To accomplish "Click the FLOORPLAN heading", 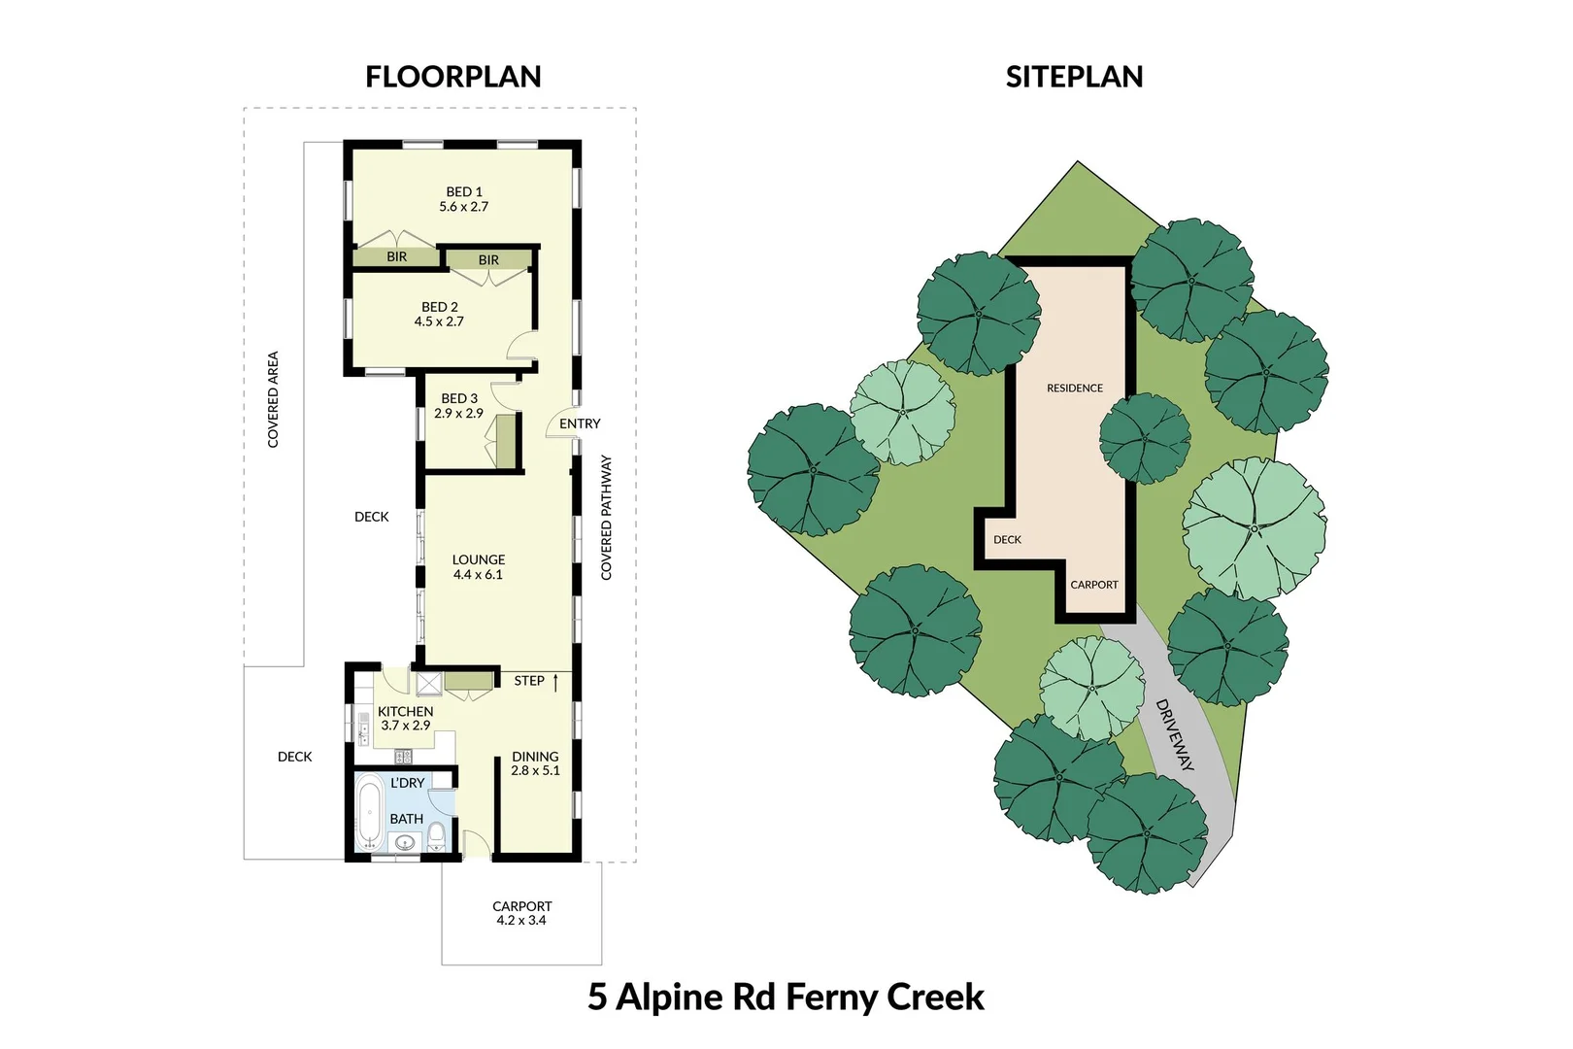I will coord(452,77).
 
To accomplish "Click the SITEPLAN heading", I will coord(1074,77).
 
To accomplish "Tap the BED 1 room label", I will coord(464,192).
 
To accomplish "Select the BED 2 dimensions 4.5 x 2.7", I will coord(439,321).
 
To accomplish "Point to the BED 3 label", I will coord(459,398).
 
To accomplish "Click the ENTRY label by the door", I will coord(580,423).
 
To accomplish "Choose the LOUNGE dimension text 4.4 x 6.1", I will coord(478,575).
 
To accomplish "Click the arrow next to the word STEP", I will coord(555,682).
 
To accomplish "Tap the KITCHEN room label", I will coord(405,711).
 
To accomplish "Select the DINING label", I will coord(535,756).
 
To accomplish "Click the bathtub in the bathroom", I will coord(369,812).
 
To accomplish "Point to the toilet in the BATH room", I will coord(436,835).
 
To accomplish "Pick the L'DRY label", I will coord(408,783).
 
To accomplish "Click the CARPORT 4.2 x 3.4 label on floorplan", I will coord(521,913).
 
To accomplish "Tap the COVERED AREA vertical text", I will coord(273,399).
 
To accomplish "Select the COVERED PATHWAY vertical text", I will coord(607,518).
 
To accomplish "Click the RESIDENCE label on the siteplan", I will coord(1074,389).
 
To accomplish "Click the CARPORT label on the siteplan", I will coord(1093,585).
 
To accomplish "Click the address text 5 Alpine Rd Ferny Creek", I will coord(786,998).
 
